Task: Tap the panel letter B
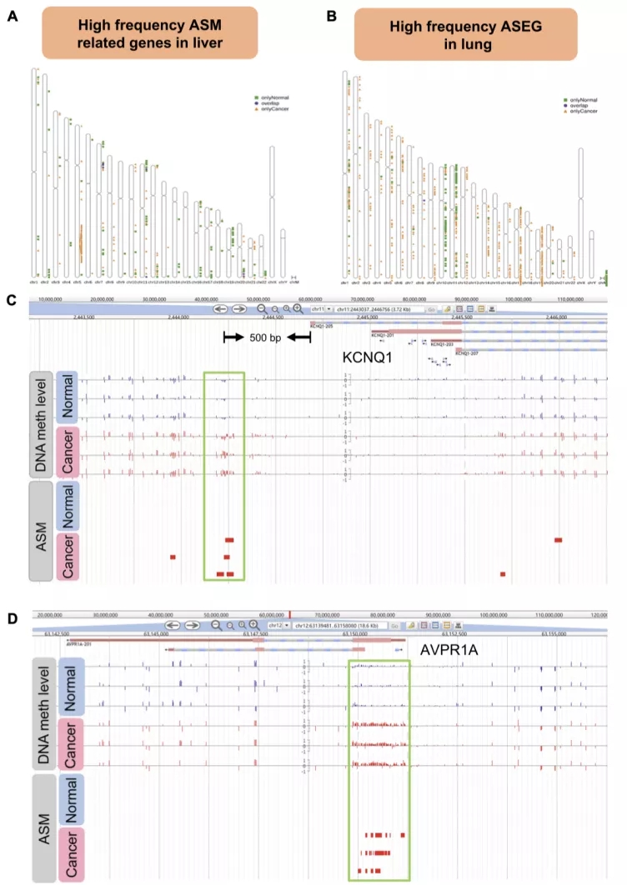coord(331,15)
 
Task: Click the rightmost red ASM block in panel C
coord(558,540)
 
